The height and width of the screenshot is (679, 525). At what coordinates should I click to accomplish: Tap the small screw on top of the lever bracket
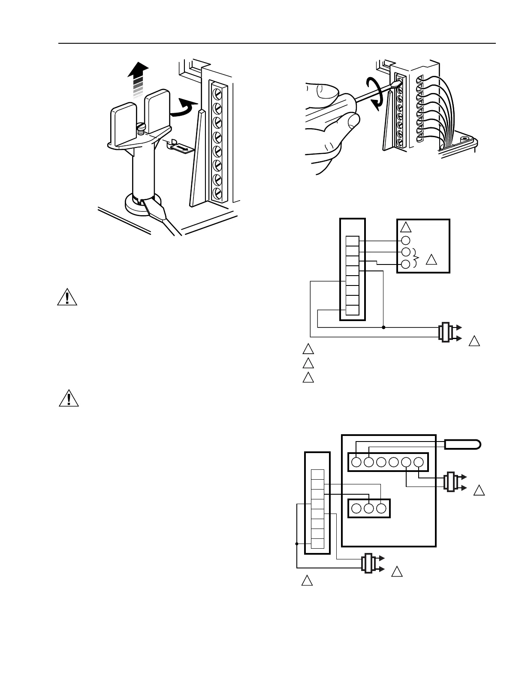pyautogui.click(x=141, y=128)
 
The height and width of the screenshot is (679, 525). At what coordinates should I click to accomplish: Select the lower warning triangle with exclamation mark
pyautogui.click(x=69, y=399)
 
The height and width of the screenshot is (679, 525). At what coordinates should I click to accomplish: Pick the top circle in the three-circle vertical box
pyautogui.click(x=406, y=240)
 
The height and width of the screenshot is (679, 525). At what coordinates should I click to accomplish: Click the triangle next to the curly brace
pyautogui.click(x=432, y=260)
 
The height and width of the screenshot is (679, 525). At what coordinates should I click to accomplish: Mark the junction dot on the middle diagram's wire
pyautogui.click(x=383, y=327)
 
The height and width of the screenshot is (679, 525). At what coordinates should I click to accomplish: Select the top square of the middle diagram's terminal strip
pyautogui.click(x=352, y=241)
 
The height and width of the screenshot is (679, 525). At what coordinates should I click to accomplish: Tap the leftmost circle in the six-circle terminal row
pyautogui.click(x=356, y=462)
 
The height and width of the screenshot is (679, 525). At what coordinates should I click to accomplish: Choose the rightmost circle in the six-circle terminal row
pyautogui.click(x=419, y=462)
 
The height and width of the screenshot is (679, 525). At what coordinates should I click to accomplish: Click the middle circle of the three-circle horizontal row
pyautogui.click(x=368, y=508)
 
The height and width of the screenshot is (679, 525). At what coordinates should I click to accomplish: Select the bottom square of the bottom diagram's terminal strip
pyautogui.click(x=317, y=543)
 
